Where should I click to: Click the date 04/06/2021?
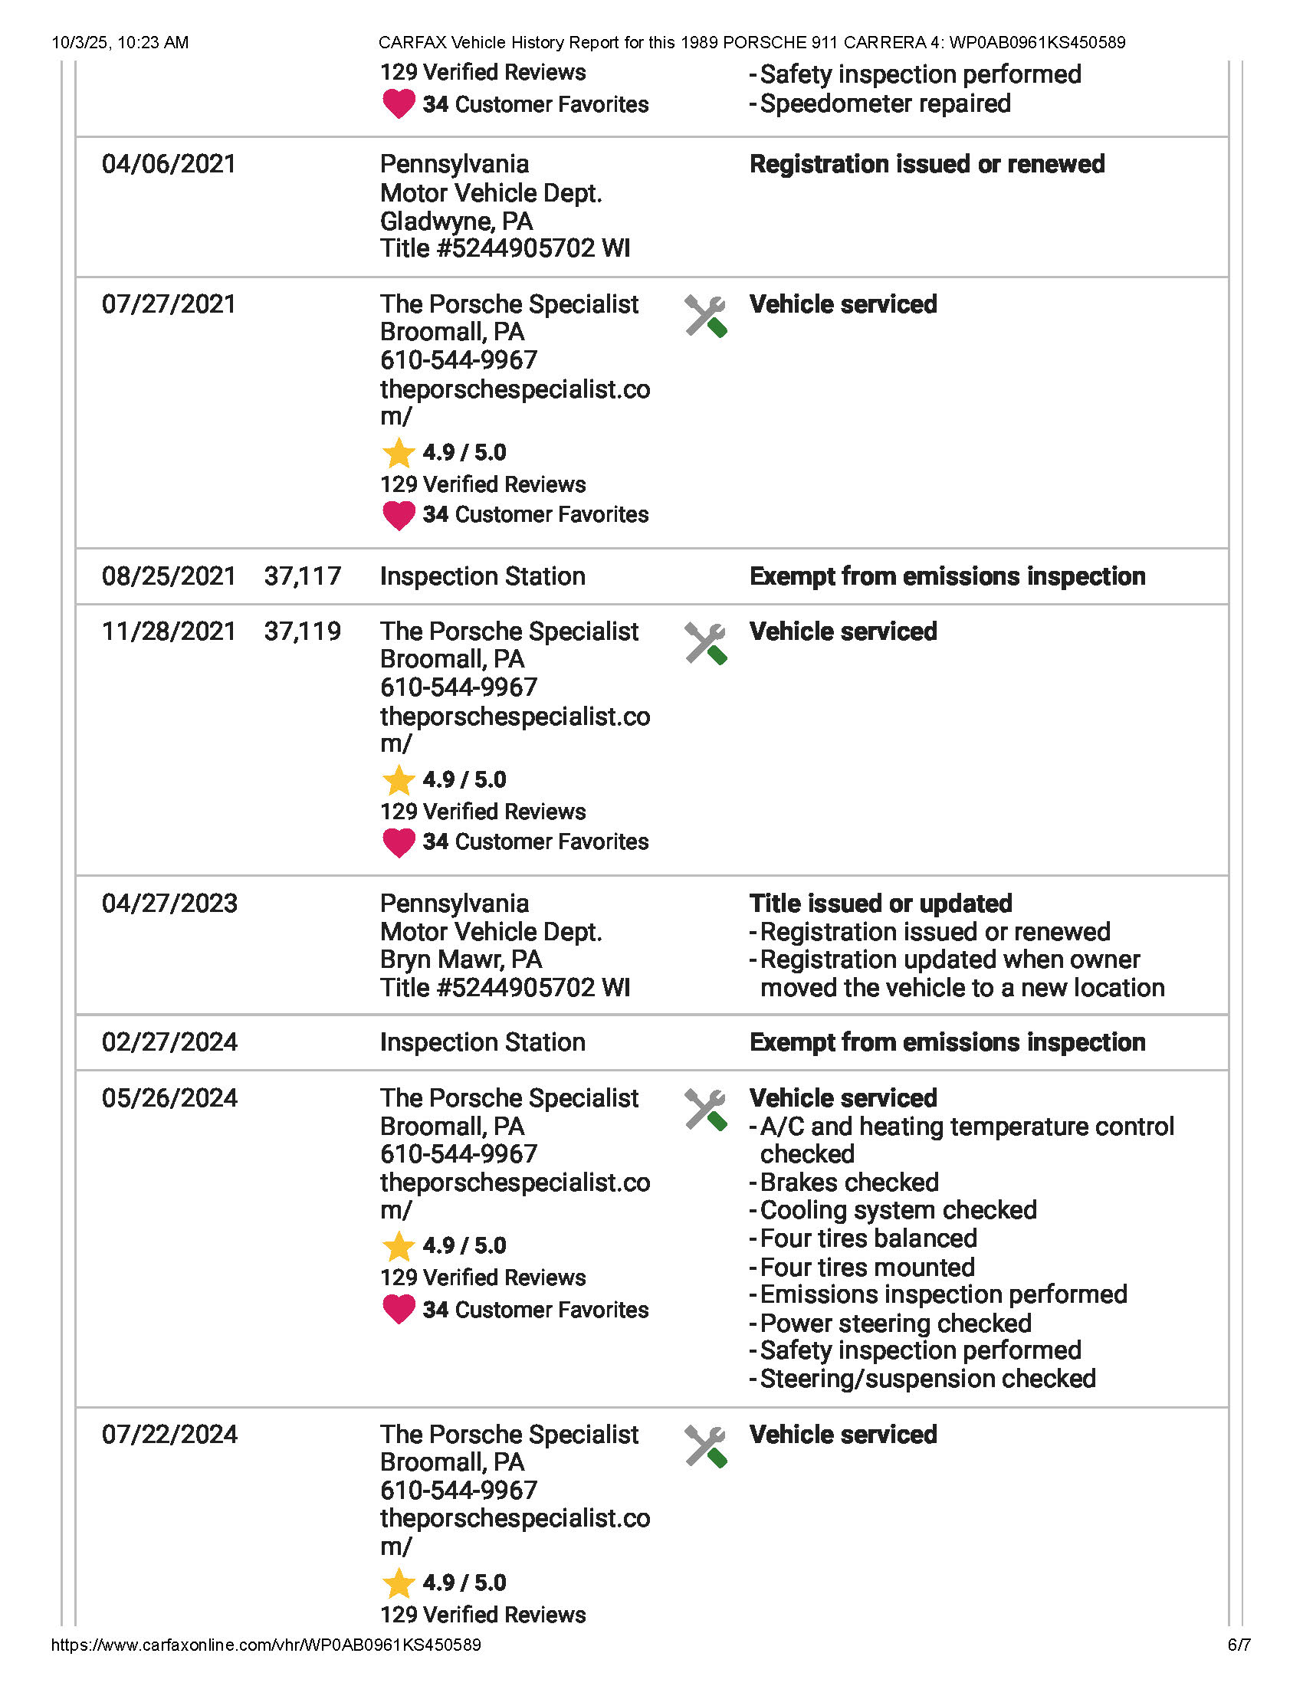coord(169,165)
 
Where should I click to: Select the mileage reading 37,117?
coord(302,576)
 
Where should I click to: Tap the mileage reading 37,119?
coord(302,631)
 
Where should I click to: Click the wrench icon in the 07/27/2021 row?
coord(704,317)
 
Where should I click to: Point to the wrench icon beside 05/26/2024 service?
coord(704,1110)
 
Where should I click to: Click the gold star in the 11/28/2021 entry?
coord(399,780)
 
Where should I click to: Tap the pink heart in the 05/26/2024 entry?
coord(399,1309)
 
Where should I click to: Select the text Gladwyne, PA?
coord(456,221)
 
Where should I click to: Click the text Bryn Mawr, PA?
coord(461,959)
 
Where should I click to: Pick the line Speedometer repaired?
coord(885,103)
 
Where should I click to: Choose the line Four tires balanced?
coord(868,1238)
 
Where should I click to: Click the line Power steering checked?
coord(894,1324)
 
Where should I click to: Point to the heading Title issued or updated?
coord(880,904)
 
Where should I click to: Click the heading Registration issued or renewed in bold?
coord(927,165)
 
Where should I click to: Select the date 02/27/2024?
coord(169,1042)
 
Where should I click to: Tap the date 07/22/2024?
coord(169,1435)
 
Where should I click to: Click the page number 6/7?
coord(1238,1645)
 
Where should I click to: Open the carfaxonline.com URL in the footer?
coord(265,1645)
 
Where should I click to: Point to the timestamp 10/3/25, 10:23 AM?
coord(120,42)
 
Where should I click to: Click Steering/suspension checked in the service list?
coord(927,1379)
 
